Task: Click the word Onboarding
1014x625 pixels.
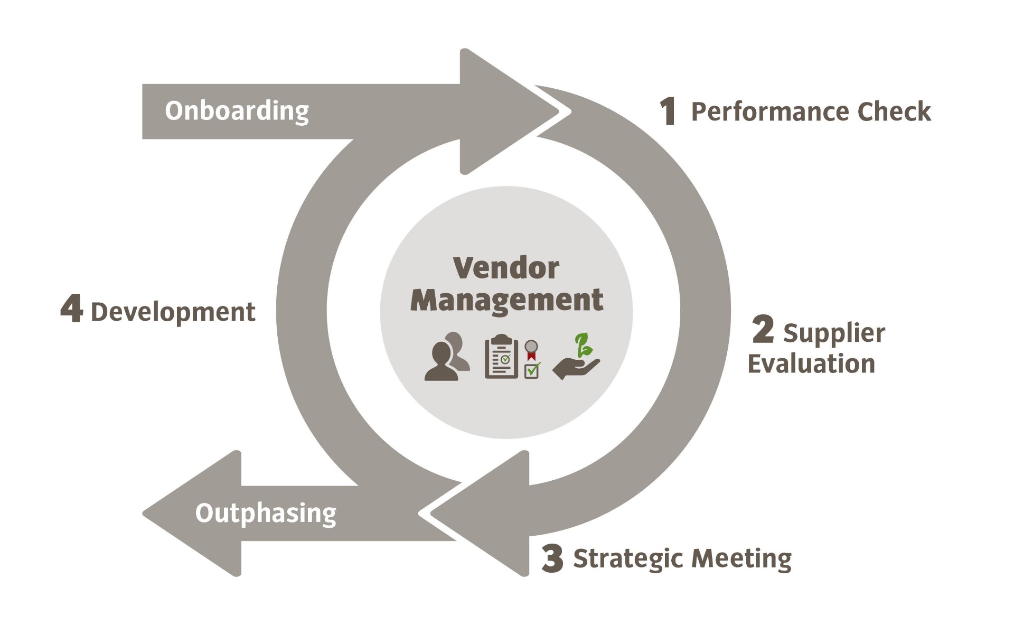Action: pyautogui.click(x=237, y=111)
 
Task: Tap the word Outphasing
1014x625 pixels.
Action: pyautogui.click(x=266, y=513)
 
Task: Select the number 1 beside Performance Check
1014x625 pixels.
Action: pyautogui.click(x=668, y=111)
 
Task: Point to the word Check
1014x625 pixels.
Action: pyautogui.click(x=894, y=111)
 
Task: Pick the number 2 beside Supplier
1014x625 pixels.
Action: pyautogui.click(x=763, y=330)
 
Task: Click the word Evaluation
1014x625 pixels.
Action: pyautogui.click(x=811, y=364)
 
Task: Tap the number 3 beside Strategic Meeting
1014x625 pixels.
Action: pyautogui.click(x=552, y=558)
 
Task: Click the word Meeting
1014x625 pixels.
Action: pyautogui.click(x=741, y=558)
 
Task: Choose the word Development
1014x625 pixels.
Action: pyautogui.click(x=173, y=312)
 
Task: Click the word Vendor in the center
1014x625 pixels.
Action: pyautogui.click(x=506, y=268)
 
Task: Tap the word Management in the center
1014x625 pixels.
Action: pyautogui.click(x=506, y=301)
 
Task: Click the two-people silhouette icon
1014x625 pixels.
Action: pyautogui.click(x=447, y=357)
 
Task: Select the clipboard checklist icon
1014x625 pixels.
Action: pyautogui.click(x=501, y=357)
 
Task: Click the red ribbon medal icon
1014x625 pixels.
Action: pyautogui.click(x=531, y=350)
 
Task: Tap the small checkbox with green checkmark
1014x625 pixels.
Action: pyautogui.click(x=532, y=370)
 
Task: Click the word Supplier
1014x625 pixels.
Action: pyautogui.click(x=834, y=333)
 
